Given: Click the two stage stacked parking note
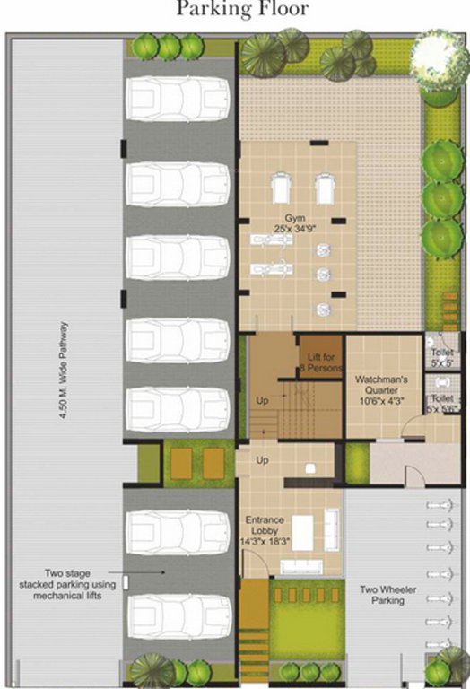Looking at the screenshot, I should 80,583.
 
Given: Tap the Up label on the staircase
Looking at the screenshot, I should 263,399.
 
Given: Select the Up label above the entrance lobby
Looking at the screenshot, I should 263,459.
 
